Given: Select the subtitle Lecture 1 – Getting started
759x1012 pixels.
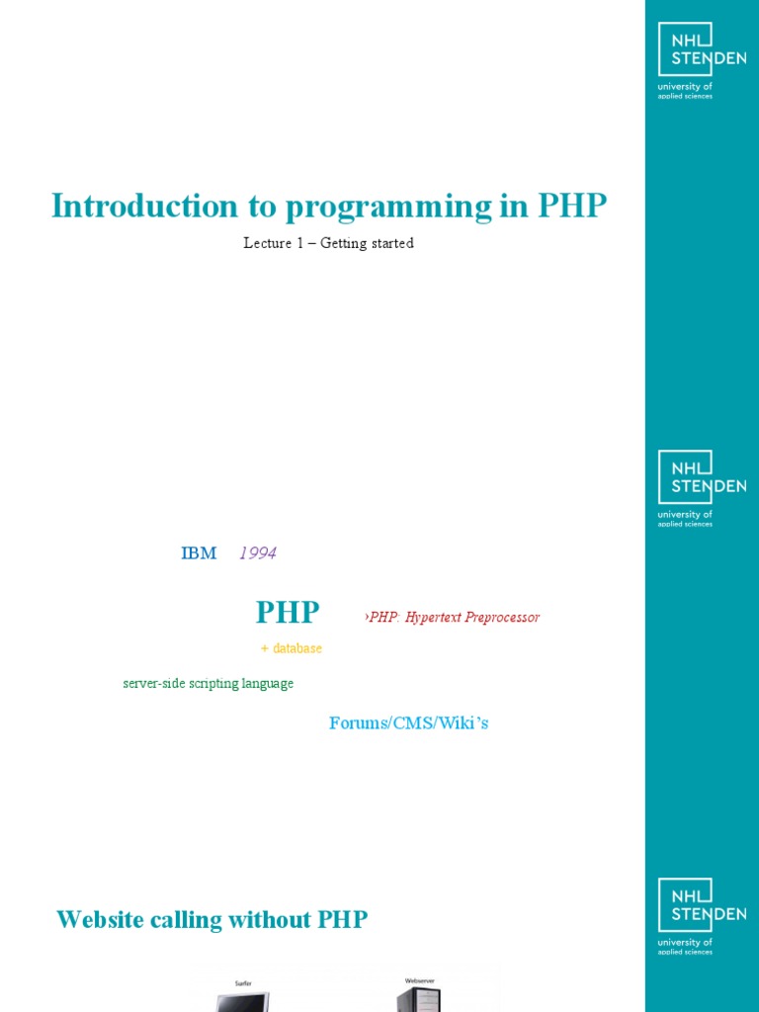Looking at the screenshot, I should (328, 243).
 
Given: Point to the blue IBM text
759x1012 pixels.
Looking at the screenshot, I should (199, 553).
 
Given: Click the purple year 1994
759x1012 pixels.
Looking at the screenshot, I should (258, 553).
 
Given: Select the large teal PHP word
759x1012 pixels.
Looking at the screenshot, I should (288, 613).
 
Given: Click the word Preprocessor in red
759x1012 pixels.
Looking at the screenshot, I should (502, 617).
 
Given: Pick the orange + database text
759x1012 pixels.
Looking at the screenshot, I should (292, 648).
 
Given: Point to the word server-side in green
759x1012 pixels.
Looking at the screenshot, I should (151, 684).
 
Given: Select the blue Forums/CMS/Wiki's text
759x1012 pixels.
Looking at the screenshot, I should (408, 723).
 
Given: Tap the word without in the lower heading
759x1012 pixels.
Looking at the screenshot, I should (270, 920).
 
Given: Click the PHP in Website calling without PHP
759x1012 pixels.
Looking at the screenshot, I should (343, 920).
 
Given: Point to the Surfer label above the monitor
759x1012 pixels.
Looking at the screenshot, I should (243, 983).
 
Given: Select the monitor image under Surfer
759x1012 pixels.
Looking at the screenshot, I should (243, 1002).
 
